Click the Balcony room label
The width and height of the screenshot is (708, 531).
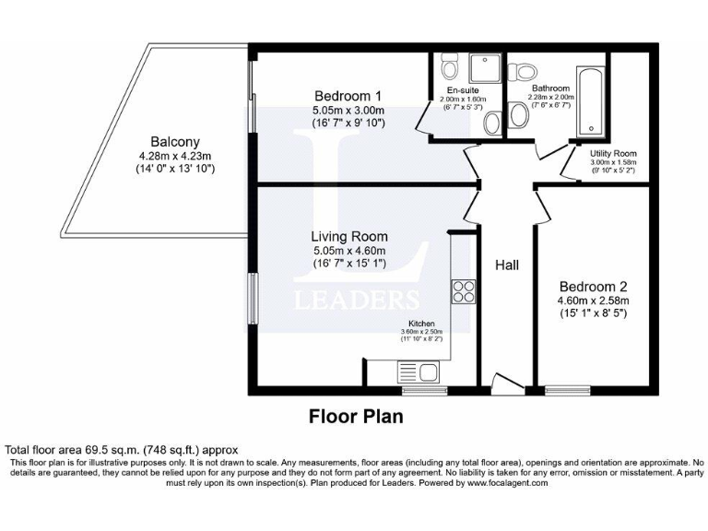coord(175,142)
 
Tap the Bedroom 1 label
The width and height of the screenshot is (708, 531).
coord(348,96)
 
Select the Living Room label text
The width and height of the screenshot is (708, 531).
coord(348,236)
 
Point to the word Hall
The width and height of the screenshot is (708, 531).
coord(507,265)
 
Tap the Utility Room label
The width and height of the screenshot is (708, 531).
coord(613,153)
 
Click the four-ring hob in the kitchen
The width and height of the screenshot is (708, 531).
coord(462,291)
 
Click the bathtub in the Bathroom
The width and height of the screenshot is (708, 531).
coord(588,101)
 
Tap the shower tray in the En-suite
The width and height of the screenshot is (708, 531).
coord(482,68)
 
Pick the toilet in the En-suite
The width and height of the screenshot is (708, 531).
coord(450,66)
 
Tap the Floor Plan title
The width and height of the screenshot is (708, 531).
coord(354,417)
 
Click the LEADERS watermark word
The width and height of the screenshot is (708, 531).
coord(355,300)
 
